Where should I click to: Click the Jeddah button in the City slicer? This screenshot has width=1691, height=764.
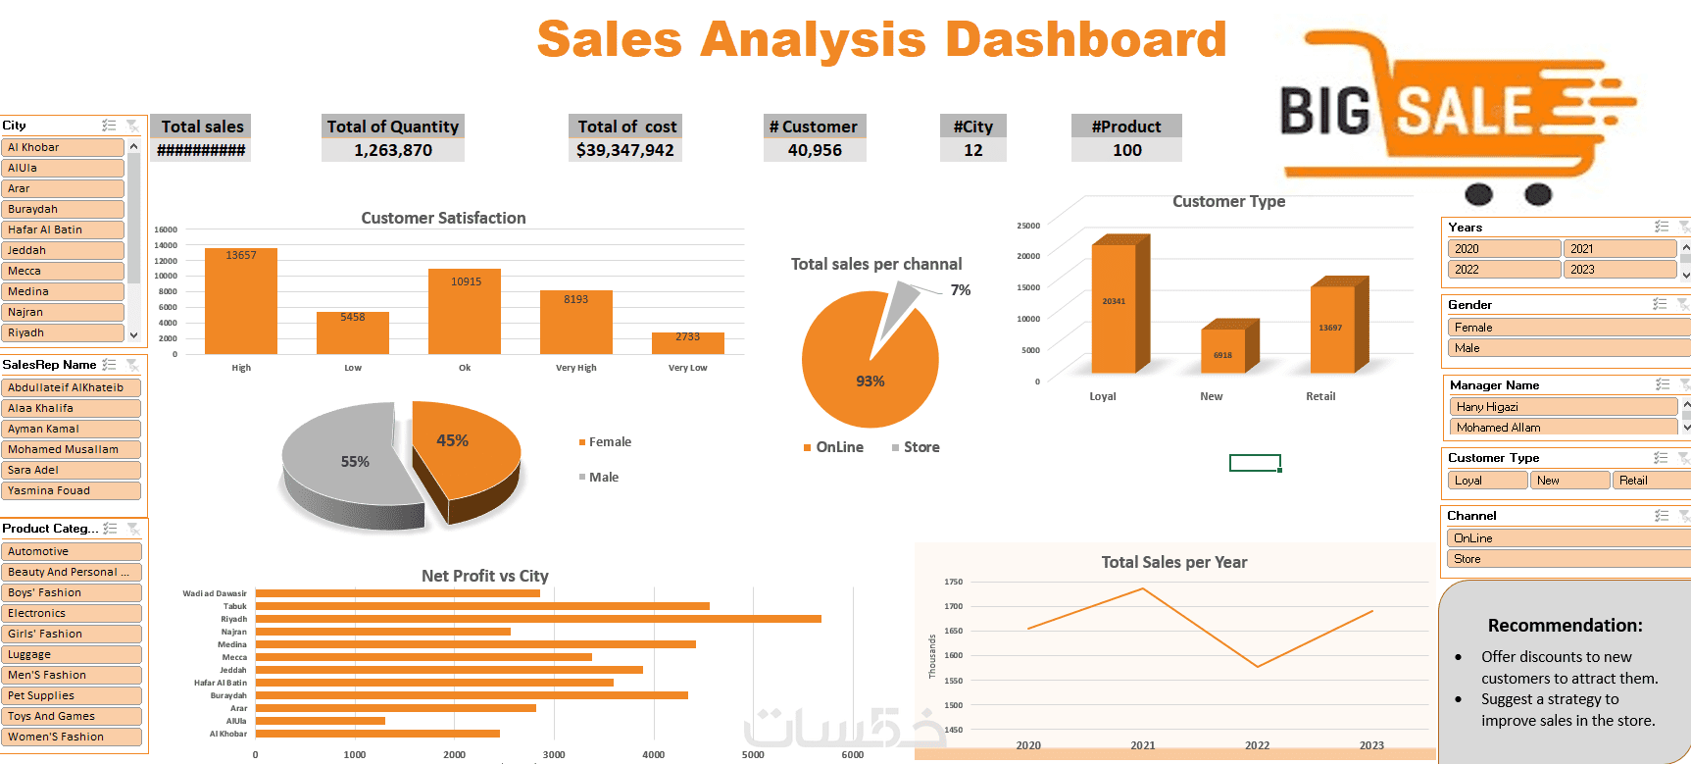tap(64, 250)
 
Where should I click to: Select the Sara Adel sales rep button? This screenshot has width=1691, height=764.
tap(71, 470)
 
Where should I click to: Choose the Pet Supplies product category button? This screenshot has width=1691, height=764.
tap(71, 695)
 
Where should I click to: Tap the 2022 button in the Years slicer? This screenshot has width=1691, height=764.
tap(1503, 270)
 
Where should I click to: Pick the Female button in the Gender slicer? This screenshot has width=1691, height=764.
tap(1567, 328)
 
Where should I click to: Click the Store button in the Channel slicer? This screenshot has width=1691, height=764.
tap(1567, 559)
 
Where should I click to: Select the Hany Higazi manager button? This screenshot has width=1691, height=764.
tap(1563, 407)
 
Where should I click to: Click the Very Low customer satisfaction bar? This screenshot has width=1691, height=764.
tap(687, 342)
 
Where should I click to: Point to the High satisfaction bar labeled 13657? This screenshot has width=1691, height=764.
tap(241, 300)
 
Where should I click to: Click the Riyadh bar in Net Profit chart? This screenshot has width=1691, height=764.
tap(537, 619)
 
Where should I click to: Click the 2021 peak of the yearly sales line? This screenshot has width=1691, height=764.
tap(1143, 588)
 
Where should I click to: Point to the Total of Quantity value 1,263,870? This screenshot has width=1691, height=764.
tap(393, 150)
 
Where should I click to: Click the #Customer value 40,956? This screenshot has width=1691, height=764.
tap(815, 150)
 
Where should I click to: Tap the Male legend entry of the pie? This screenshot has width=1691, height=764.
tap(603, 478)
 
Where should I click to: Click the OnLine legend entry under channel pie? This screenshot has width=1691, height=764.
tap(838, 447)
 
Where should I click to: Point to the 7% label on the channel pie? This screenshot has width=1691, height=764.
tap(961, 290)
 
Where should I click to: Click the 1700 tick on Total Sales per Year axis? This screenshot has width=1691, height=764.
tap(953, 606)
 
